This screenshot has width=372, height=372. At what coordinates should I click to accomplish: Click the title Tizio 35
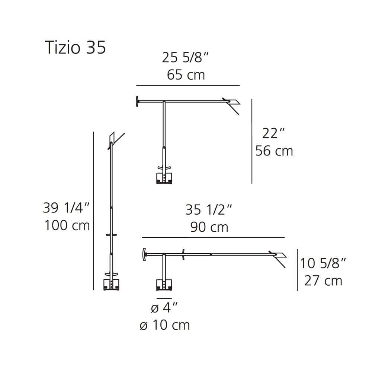point(75,48)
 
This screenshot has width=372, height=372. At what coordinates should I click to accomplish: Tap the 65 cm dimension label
point(186,75)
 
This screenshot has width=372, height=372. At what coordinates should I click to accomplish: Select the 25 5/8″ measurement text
point(185,57)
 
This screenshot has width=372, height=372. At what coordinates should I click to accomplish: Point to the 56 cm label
point(274,151)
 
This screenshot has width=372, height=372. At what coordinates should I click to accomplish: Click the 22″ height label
point(273,133)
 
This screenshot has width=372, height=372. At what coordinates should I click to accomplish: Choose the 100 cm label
point(67,225)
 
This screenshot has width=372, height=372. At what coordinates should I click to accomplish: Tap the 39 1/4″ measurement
point(66,208)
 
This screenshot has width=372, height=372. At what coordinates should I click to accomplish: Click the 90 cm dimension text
point(209,227)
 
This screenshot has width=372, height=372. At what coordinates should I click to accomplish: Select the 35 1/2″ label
point(209,210)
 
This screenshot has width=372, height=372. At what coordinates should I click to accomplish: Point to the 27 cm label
point(323,281)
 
